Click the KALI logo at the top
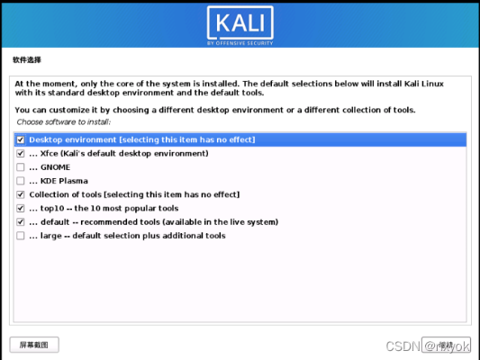[240, 22]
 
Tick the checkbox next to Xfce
[20, 154]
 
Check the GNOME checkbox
[20, 167]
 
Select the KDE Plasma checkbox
[20, 181]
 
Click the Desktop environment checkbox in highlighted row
[20, 140]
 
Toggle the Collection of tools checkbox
[20, 194]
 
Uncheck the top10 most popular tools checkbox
[20, 208]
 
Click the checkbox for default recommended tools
[20, 221]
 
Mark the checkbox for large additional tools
[20, 236]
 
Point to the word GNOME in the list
[56, 167]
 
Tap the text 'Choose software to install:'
[64, 121]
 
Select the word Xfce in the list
[51, 154]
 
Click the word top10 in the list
[53, 208]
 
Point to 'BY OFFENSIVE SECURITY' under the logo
[240, 41]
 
